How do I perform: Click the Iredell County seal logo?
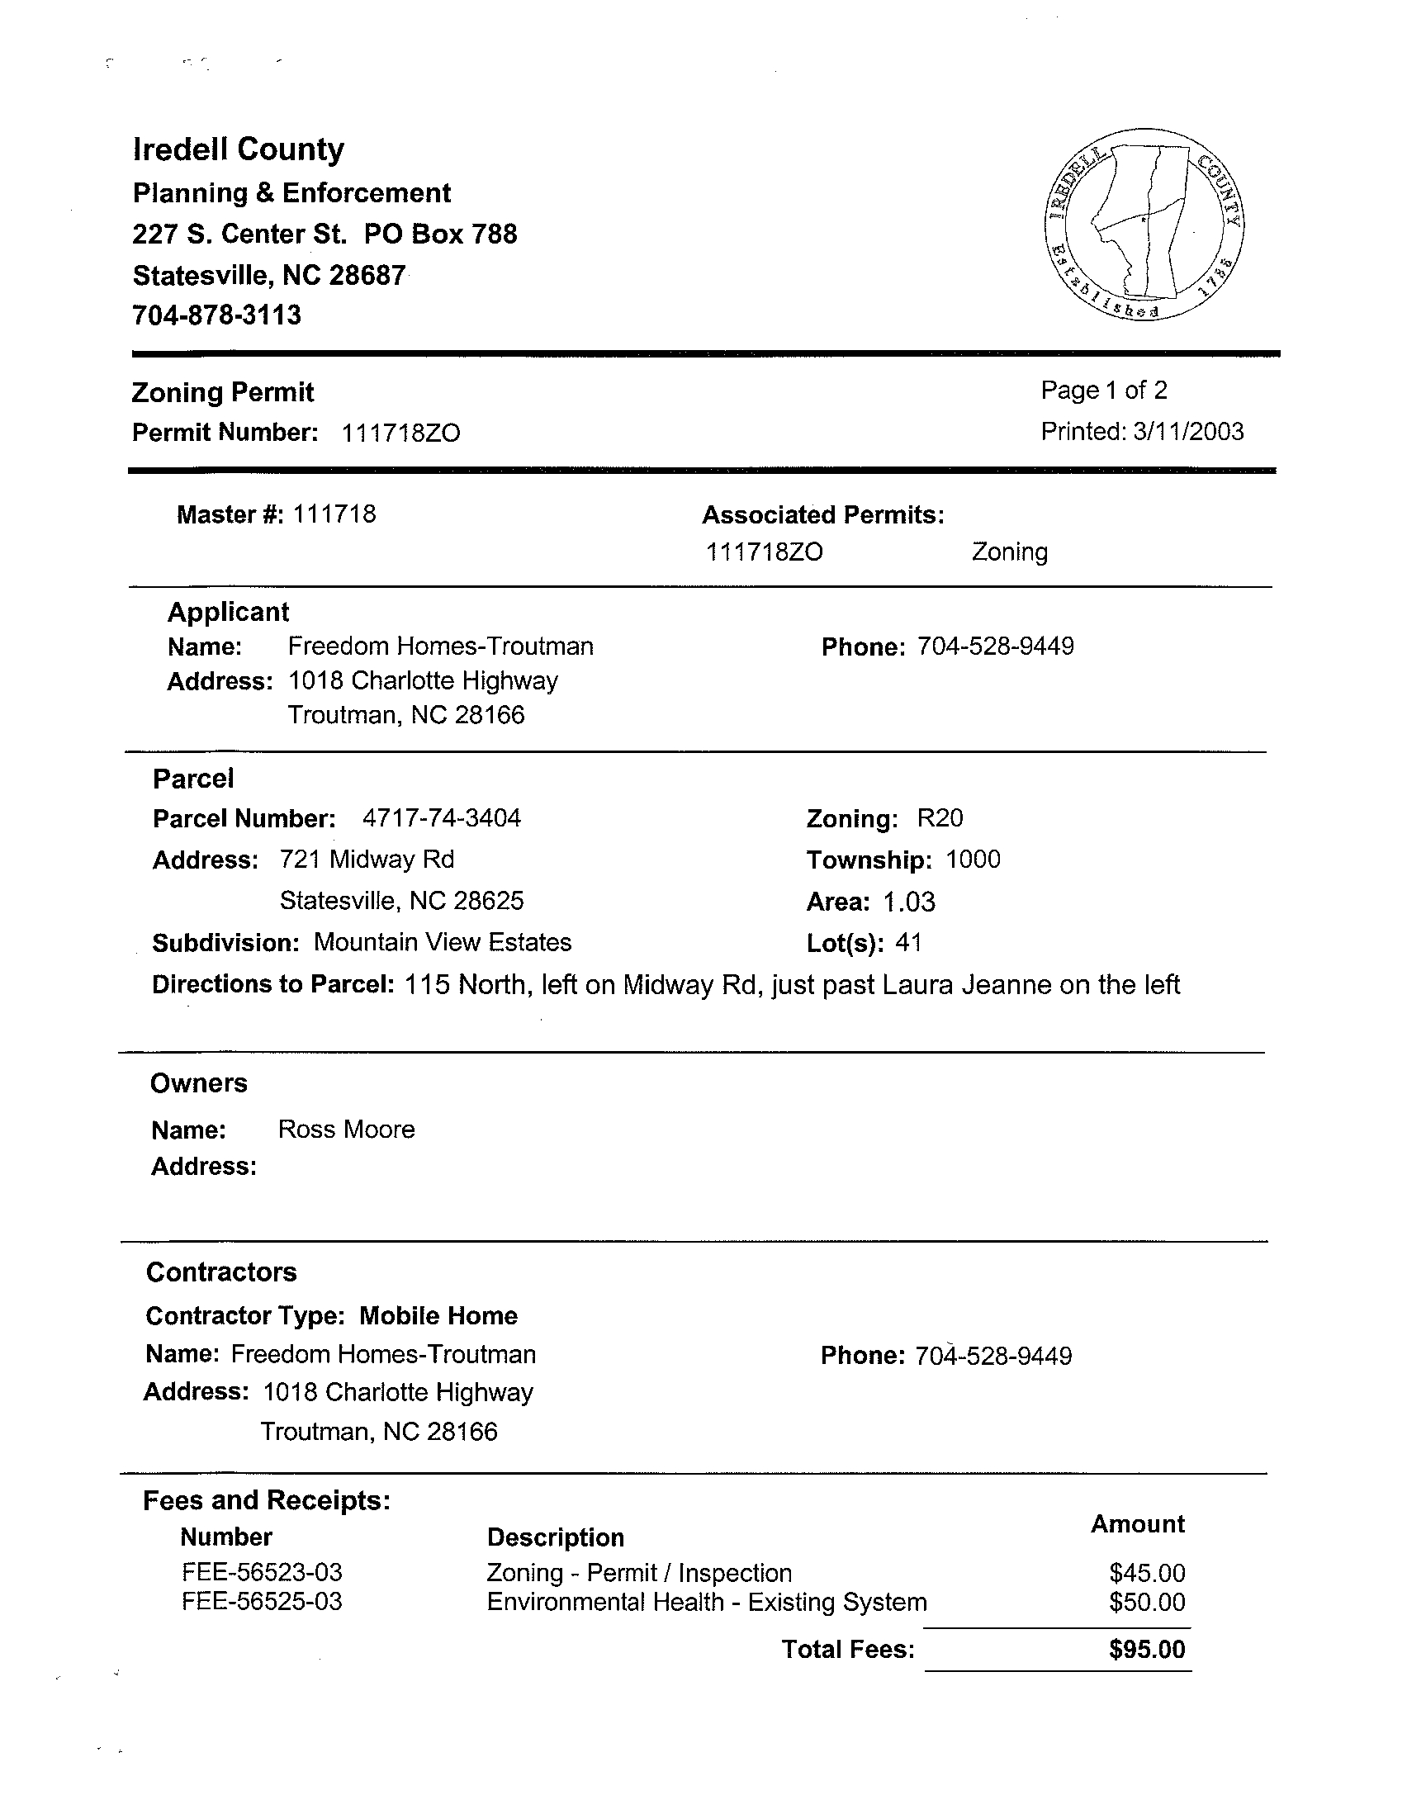pyautogui.click(x=1144, y=225)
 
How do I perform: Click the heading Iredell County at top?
pyautogui.click(x=239, y=149)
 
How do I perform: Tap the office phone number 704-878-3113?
pyautogui.click(x=217, y=315)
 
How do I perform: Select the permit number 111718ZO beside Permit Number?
pyautogui.click(x=401, y=433)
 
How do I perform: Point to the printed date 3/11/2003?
pyautogui.click(x=1187, y=432)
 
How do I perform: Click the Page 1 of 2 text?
pyautogui.click(x=1104, y=391)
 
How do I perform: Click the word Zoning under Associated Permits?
pyautogui.click(x=1009, y=552)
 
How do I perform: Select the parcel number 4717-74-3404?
pyautogui.click(x=442, y=818)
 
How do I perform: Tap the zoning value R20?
pyautogui.click(x=940, y=818)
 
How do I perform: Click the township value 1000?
pyautogui.click(x=973, y=860)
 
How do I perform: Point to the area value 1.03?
pyautogui.click(x=908, y=902)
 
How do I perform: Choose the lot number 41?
pyautogui.click(x=908, y=943)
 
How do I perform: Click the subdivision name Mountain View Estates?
pyautogui.click(x=443, y=943)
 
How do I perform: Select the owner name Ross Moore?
pyautogui.click(x=346, y=1130)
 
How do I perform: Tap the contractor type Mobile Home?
pyautogui.click(x=438, y=1316)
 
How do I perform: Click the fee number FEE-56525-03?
pyautogui.click(x=262, y=1601)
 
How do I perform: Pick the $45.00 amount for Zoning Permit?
pyautogui.click(x=1146, y=1573)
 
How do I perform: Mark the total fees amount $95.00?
pyautogui.click(x=1146, y=1650)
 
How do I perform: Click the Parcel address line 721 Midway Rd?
pyautogui.click(x=367, y=860)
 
